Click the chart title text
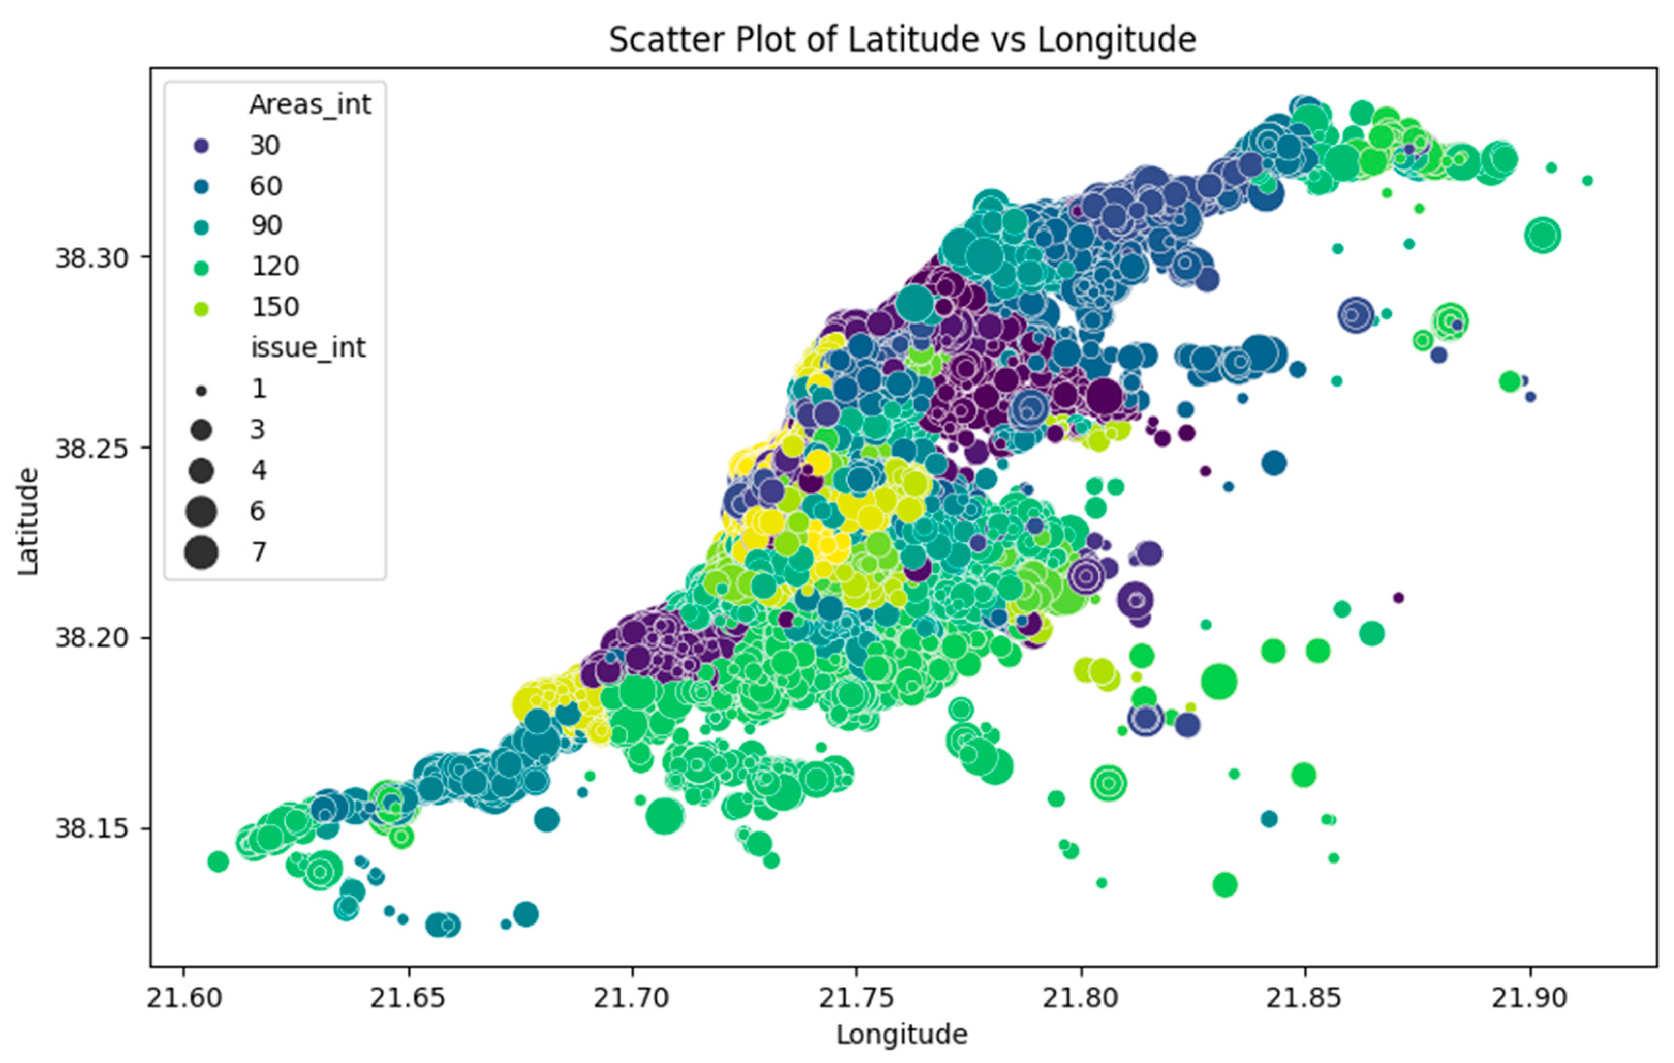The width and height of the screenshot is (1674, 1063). [902, 40]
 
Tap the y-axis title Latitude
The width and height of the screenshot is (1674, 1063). [28, 521]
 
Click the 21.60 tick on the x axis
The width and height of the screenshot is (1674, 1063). [184, 998]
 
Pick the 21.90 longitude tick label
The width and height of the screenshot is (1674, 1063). [1529, 998]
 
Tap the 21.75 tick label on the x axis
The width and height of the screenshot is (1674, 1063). [857, 998]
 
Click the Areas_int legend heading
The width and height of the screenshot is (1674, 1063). [310, 104]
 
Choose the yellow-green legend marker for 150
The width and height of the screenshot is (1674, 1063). [202, 308]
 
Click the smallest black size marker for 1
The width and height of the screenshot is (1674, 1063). [202, 391]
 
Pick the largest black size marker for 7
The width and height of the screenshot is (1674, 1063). [202, 553]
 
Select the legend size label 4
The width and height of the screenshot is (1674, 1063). [259, 471]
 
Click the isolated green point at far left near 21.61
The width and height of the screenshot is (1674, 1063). [218, 862]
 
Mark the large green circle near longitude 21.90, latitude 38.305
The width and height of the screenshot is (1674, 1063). [1543, 235]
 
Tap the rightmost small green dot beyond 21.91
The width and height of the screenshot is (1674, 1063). [1587, 181]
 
